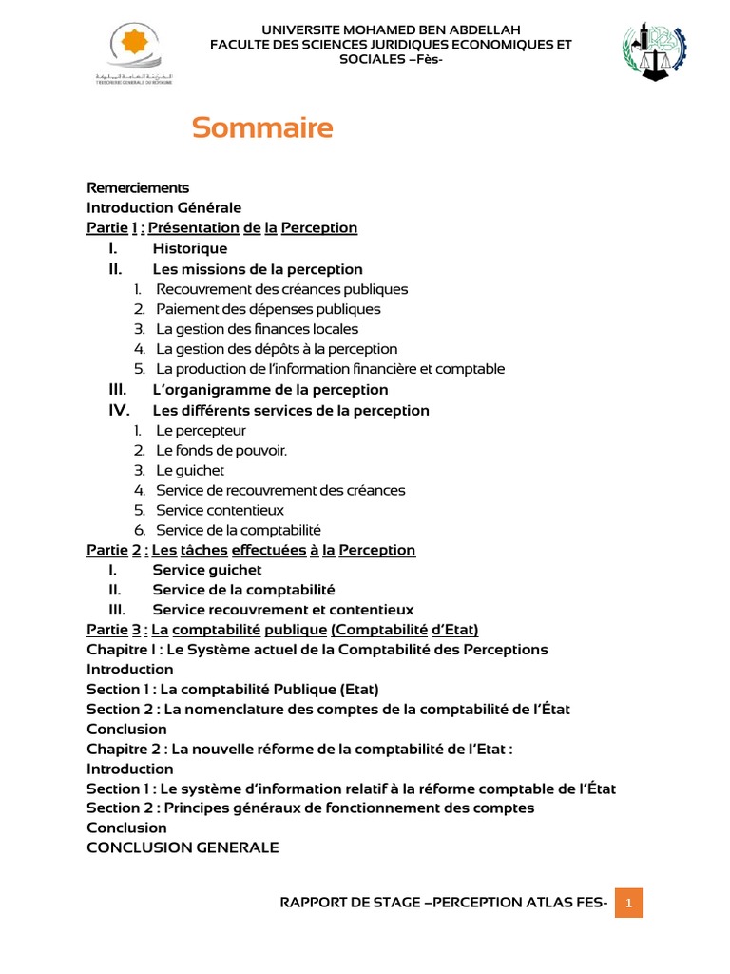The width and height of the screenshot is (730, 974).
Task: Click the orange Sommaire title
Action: (262, 128)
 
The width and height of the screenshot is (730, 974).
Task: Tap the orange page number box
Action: (628, 902)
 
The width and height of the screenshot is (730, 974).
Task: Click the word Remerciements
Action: (138, 187)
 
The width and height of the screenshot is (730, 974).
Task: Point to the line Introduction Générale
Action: (163, 207)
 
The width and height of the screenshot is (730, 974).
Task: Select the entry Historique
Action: (190, 248)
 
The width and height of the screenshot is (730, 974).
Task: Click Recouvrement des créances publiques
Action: (281, 289)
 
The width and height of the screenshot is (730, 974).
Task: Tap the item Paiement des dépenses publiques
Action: (268, 309)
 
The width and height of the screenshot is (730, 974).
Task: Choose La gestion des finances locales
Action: (257, 329)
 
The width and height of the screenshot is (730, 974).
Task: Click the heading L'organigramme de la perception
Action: (270, 390)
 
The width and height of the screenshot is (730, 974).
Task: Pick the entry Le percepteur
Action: (201, 431)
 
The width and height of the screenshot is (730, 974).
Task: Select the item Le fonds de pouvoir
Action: (221, 450)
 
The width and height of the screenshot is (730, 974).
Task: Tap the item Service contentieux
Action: (220, 510)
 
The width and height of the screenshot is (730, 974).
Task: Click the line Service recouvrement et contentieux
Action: (283, 610)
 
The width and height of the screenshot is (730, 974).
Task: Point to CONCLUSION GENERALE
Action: (182, 847)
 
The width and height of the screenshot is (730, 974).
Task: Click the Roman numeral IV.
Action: (118, 411)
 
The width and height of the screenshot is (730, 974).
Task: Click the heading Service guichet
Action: (207, 570)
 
